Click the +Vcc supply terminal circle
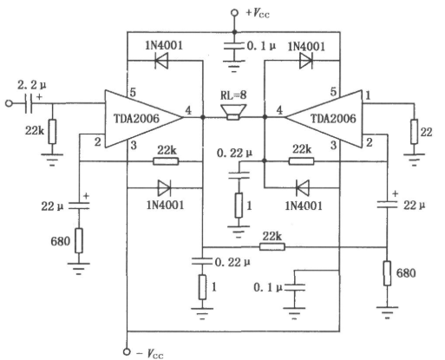[x=234, y=13]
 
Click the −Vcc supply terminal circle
[x=127, y=351]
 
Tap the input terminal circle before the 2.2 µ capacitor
[x=10, y=103]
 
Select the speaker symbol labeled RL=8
[x=233, y=113]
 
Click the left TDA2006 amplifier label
[x=136, y=119]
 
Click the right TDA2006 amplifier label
[x=333, y=119]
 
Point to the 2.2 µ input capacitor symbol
[x=29, y=103]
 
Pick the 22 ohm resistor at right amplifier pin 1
[x=414, y=132]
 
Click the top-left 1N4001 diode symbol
[x=161, y=61]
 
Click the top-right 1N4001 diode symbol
[x=306, y=61]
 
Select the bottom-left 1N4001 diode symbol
[x=164, y=188]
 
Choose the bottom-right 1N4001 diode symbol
[x=303, y=188]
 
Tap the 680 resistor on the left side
[x=79, y=240]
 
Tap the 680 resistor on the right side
[x=387, y=273]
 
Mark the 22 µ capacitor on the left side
[x=79, y=206]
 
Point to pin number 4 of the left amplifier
[x=188, y=110]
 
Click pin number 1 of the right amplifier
[x=368, y=95]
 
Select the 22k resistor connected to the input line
[x=52, y=132]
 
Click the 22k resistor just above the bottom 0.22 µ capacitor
[x=272, y=247]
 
